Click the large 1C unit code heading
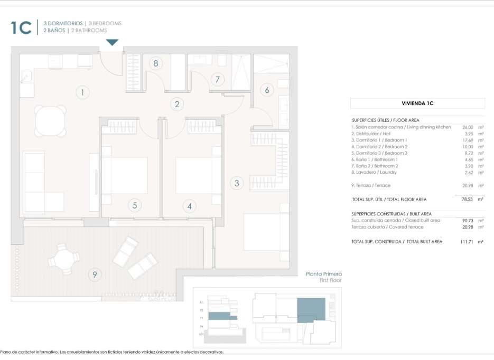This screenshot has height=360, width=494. click(x=21, y=27)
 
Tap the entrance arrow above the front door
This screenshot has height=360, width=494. click(x=113, y=42)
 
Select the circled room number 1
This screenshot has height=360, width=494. click(x=82, y=93)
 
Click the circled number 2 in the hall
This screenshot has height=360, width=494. click(x=178, y=104)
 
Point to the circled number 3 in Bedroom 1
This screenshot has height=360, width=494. click(x=237, y=183)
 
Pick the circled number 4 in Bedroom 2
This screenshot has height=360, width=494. click(x=189, y=205)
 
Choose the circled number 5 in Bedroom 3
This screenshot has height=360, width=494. click(x=135, y=205)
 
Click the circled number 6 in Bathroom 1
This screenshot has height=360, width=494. click(x=267, y=90)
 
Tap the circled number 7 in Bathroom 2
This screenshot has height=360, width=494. click(x=217, y=80)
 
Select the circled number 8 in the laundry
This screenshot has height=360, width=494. click(x=155, y=64)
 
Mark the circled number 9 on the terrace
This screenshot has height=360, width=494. click(x=95, y=274)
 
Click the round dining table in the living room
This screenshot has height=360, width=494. click(x=51, y=120)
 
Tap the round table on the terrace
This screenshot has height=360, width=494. click(x=63, y=259)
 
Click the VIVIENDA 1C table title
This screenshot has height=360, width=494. click(x=417, y=103)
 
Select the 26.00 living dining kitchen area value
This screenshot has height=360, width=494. click(x=467, y=127)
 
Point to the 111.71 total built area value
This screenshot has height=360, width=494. click(x=465, y=241)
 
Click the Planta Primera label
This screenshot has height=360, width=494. click(x=324, y=274)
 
